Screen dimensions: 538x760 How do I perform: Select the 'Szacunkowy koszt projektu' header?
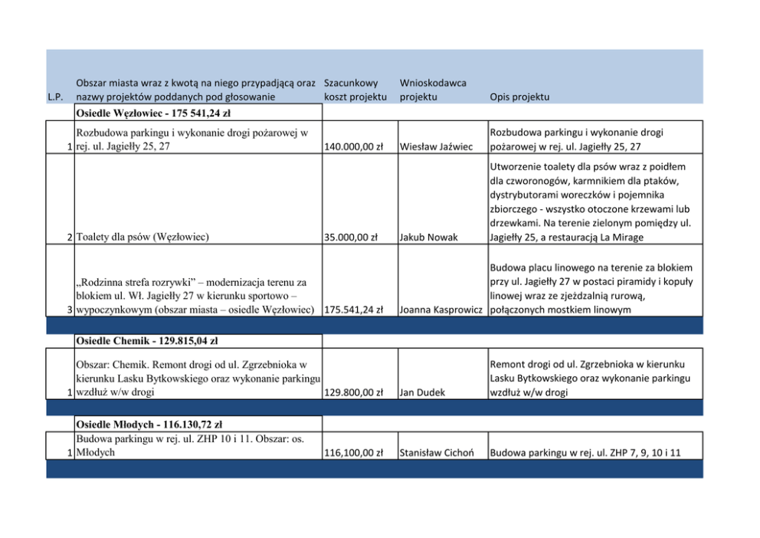(355, 90)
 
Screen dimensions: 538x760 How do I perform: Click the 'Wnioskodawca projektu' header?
(433, 90)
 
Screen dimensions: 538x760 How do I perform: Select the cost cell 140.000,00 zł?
(354, 147)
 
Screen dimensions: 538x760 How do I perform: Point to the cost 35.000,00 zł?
(351, 238)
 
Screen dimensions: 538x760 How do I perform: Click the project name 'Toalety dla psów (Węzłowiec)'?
(142, 238)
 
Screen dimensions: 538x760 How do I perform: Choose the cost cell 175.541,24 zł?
(354, 310)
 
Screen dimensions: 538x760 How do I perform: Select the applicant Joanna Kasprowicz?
(441, 310)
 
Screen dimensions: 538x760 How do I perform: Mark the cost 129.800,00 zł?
(354, 392)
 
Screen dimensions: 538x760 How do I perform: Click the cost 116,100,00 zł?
(354, 453)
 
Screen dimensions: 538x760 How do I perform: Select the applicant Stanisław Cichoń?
(440, 453)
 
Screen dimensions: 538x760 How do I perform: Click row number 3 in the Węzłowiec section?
(70, 310)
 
